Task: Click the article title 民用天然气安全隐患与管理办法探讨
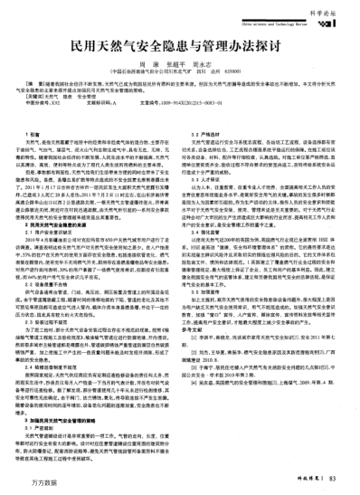pyautogui.click(x=180, y=43)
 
